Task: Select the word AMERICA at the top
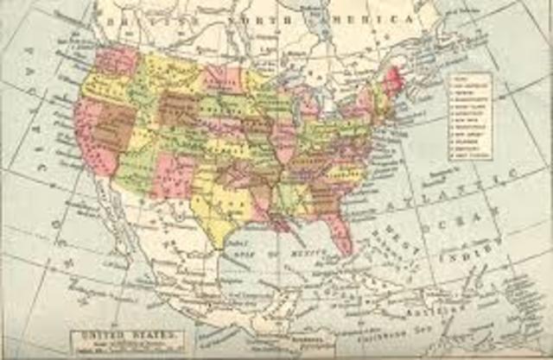pyautogui.click(x=380, y=18)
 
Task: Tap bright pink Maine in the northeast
pyautogui.click(x=393, y=79)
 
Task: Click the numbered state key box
pyautogui.click(x=470, y=116)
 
